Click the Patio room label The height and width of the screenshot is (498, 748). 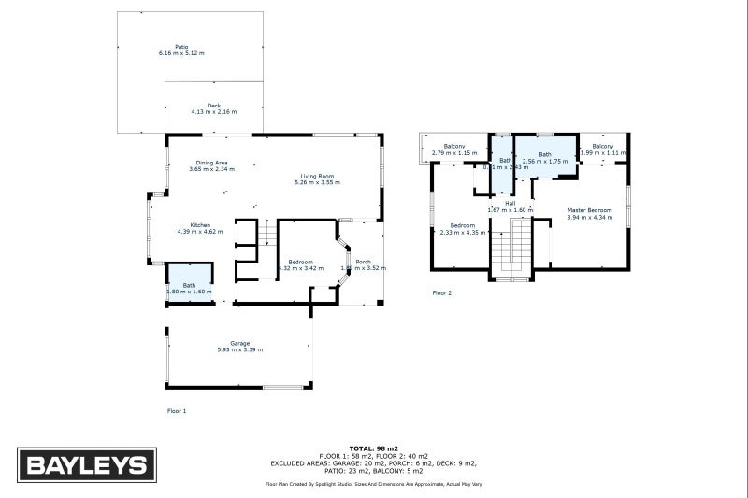pos(180,46)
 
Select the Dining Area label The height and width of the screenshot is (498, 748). pos(211,163)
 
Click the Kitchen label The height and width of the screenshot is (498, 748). pos(200,224)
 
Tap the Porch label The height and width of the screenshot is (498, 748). pos(364,262)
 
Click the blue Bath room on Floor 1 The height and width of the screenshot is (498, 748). pos(190,280)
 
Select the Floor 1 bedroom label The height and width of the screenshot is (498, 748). pos(300,262)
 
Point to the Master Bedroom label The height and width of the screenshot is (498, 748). pos(589,210)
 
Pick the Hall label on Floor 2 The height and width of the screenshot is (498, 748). pos(510,203)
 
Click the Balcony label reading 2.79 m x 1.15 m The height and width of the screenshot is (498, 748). pos(454,146)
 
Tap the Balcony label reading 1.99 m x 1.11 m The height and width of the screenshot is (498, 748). pos(602,146)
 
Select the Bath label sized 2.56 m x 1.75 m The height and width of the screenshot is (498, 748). pos(545,154)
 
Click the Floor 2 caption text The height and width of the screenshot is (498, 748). pos(442,293)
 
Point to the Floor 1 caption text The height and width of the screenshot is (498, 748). pos(177,410)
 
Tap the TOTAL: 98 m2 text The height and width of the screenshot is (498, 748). pos(374,448)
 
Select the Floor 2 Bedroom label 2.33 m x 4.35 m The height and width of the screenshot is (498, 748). pos(463,225)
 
